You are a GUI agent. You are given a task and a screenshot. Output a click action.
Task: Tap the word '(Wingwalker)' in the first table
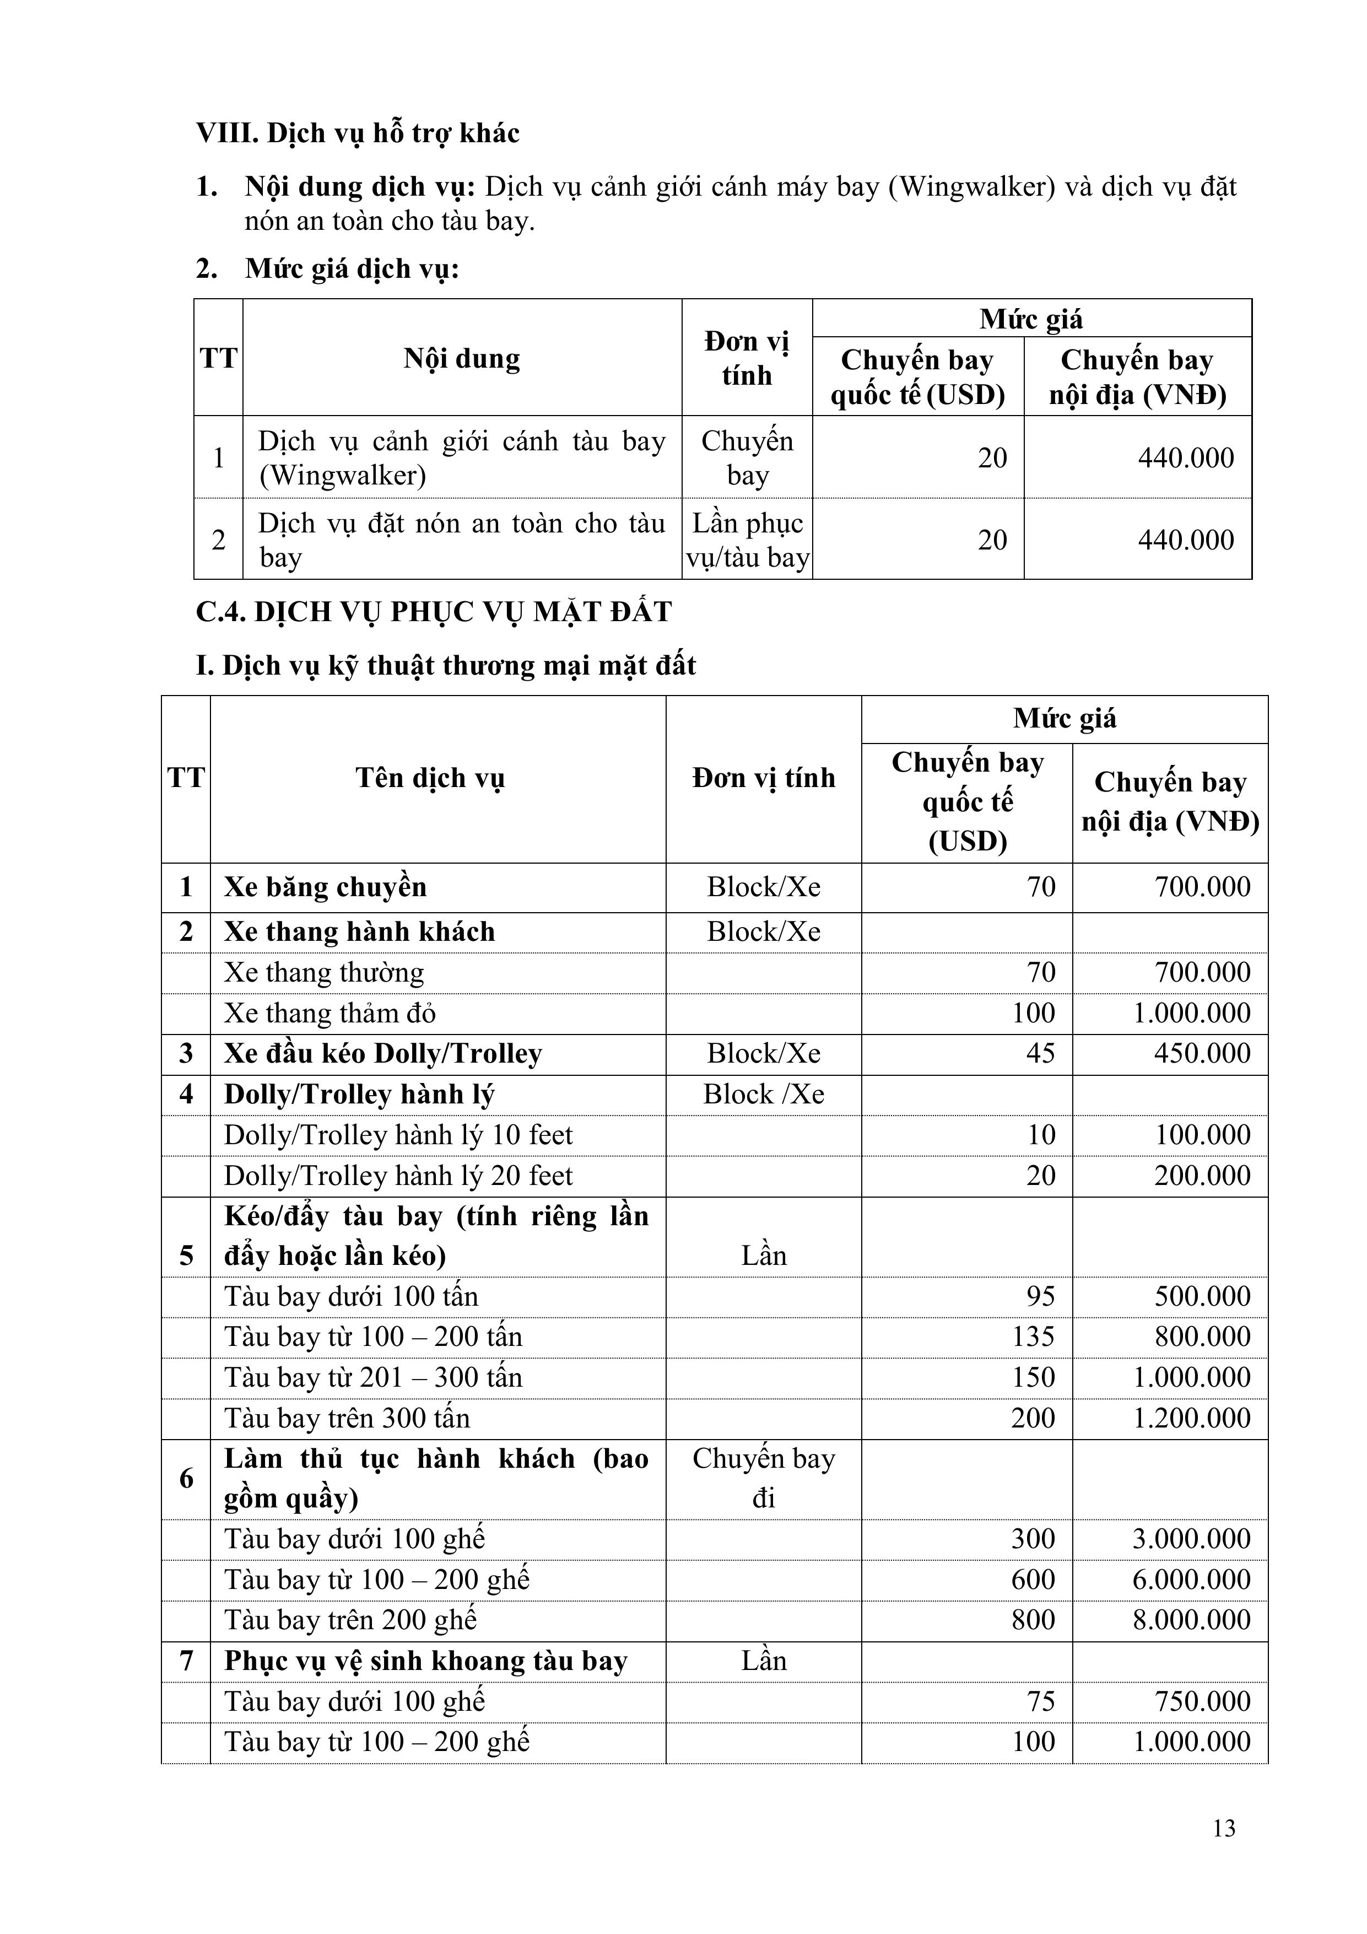click(342, 476)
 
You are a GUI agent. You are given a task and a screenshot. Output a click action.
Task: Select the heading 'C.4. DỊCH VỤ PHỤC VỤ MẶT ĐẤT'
click(434, 612)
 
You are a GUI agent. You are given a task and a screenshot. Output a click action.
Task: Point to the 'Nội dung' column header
click(462, 359)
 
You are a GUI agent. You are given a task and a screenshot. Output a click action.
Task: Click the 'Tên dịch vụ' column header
click(430, 778)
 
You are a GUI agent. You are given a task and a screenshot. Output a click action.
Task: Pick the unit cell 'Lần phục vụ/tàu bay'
click(747, 540)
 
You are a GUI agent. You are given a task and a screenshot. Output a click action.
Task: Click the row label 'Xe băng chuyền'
click(325, 887)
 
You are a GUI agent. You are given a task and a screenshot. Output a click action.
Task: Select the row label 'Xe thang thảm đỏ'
click(329, 1012)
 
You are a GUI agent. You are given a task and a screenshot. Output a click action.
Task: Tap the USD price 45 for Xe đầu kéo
click(1040, 1053)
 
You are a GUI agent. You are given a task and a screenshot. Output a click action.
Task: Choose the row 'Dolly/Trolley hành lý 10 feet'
click(398, 1135)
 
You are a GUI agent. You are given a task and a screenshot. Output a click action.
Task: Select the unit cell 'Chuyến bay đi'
click(763, 1478)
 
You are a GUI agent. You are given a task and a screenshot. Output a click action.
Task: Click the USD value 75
click(1040, 1701)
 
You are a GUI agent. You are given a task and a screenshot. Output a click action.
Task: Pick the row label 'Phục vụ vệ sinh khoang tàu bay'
click(425, 1660)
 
